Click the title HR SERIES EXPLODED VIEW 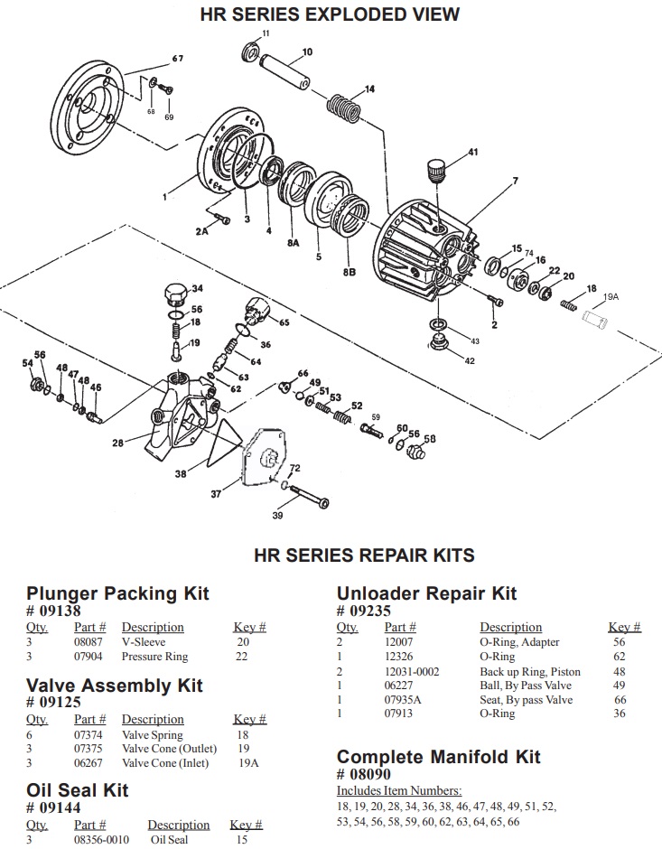[330, 14]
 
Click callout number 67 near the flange [177, 59]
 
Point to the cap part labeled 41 [437, 170]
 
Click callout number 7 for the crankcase [515, 181]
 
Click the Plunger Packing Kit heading [117, 592]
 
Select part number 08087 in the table [89, 642]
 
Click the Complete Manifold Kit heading [438, 756]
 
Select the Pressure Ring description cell [154, 657]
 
